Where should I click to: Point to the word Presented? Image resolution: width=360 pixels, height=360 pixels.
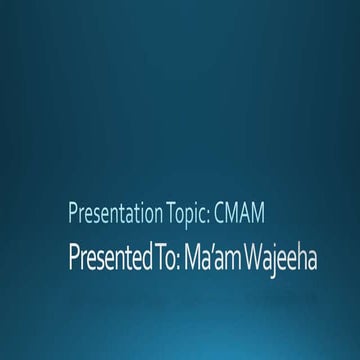click(x=102, y=259)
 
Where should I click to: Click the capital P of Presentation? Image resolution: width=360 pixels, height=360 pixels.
click(x=72, y=212)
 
